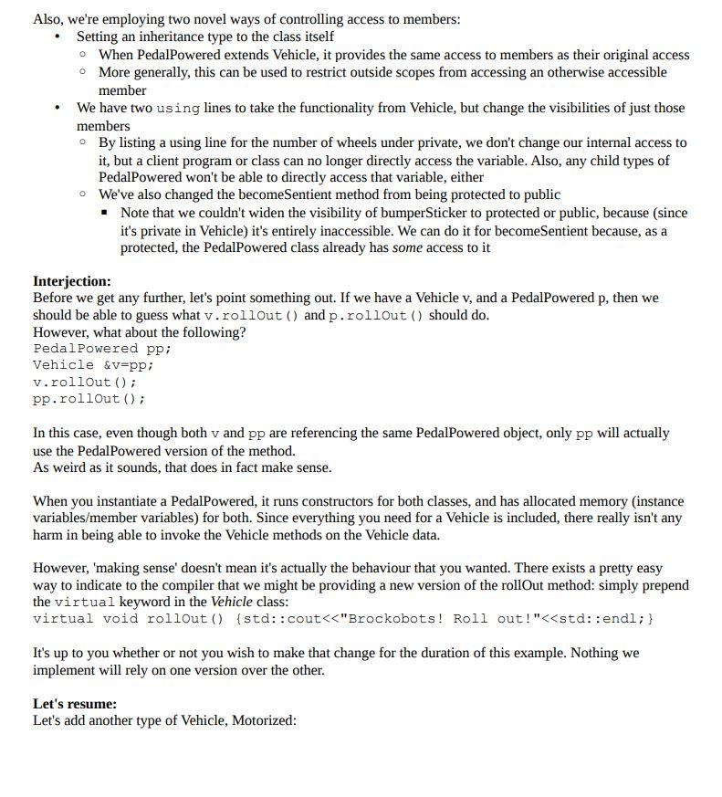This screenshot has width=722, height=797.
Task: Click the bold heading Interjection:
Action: coord(72,281)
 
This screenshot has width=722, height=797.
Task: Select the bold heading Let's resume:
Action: coord(75,704)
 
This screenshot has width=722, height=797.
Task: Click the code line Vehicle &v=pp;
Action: coord(93,364)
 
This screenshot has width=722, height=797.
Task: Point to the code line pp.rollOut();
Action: coord(89,399)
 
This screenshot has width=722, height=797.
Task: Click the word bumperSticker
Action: coord(415,213)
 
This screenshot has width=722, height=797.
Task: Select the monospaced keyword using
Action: coord(178,108)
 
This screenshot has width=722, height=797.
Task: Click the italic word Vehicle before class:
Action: coord(233,602)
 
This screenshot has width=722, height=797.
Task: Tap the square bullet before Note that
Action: coord(107,213)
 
